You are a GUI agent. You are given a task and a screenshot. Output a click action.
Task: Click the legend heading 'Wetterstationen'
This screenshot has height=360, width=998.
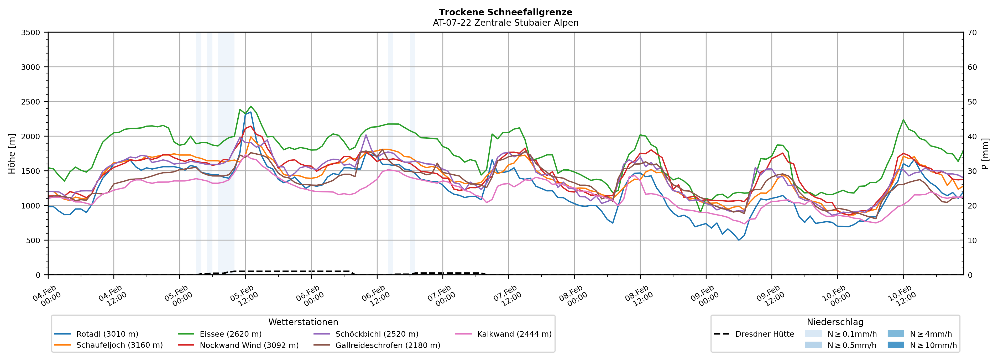(303, 322)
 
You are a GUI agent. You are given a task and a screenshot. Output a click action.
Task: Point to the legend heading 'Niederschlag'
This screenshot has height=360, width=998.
(835, 322)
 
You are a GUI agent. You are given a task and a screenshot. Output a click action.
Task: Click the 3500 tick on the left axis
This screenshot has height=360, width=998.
(31, 33)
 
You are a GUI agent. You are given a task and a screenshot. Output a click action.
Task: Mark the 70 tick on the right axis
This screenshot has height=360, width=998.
(973, 33)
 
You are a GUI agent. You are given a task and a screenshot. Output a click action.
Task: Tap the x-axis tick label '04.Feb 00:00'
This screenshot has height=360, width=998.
(48, 296)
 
